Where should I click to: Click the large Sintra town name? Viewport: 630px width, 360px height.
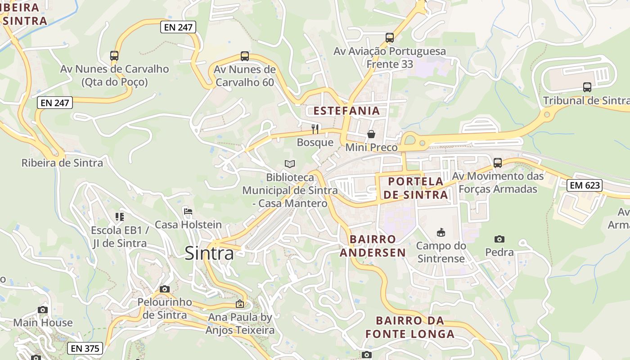[x=209, y=254]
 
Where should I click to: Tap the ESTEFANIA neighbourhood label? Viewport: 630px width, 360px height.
[x=346, y=111]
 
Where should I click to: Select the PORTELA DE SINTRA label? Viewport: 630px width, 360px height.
[x=416, y=188]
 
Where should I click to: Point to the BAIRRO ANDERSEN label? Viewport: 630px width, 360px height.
[x=373, y=246]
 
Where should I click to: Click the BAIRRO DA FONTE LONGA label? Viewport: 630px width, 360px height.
[x=409, y=327]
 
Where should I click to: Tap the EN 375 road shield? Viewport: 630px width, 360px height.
[x=85, y=348]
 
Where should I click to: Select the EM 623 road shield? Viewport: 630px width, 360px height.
[x=584, y=185]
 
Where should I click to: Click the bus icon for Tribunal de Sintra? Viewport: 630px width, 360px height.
[x=587, y=87]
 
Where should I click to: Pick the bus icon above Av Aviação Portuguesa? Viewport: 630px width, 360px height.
[x=390, y=38]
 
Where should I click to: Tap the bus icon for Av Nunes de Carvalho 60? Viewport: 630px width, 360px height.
[x=244, y=56]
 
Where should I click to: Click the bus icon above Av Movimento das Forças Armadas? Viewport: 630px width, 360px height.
[x=497, y=163]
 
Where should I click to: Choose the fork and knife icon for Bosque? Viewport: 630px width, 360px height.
[x=315, y=129]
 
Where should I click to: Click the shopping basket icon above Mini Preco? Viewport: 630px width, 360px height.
[x=371, y=134]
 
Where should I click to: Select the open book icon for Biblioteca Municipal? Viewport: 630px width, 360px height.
[x=290, y=164]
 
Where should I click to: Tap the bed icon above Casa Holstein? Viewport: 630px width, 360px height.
[x=188, y=211]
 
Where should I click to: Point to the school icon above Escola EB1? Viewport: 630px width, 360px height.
[x=119, y=217]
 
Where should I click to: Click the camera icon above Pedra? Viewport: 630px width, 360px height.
[x=499, y=239]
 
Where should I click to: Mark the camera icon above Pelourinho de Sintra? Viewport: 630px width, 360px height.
[x=164, y=289]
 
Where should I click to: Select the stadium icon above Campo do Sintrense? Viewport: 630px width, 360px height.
[x=441, y=232]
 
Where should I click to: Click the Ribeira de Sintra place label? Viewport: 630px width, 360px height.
[x=62, y=163]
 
